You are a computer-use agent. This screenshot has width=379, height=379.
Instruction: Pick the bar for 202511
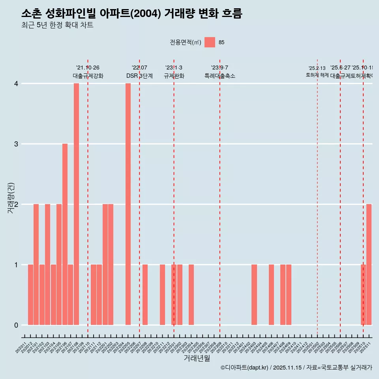point(369,265)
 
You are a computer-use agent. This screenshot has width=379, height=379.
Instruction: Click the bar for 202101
point(36,265)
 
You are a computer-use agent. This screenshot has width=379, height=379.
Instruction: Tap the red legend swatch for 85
point(210,42)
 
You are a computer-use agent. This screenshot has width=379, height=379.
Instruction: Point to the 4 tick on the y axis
point(16,84)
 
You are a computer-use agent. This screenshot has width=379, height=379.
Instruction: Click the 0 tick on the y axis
point(16,325)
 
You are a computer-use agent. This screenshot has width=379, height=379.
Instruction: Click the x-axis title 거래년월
point(197,358)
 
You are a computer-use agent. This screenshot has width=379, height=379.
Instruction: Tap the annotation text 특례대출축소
point(220,76)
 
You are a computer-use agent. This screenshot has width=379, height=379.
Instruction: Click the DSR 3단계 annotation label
point(139,76)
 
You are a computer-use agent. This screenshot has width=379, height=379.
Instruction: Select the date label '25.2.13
point(317,68)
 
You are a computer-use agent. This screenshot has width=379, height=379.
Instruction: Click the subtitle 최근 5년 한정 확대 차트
point(57,25)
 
